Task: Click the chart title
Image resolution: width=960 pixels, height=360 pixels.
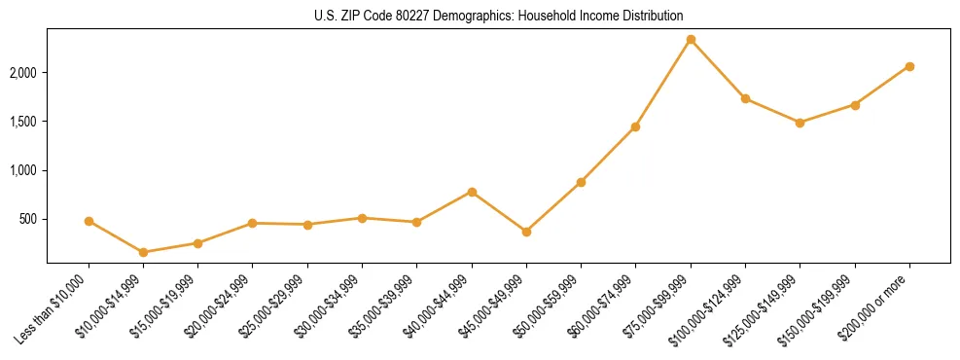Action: pyautogui.click(x=498, y=16)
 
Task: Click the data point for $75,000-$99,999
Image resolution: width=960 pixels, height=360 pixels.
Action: pyautogui.click(x=691, y=40)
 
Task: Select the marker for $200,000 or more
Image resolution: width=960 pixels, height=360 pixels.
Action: pyautogui.click(x=909, y=66)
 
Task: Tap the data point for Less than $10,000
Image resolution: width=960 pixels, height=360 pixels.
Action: pyautogui.click(x=89, y=221)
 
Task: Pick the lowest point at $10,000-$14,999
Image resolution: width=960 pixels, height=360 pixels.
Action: pyautogui.click(x=144, y=252)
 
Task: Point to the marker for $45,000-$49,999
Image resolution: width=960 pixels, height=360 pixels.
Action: pyautogui.click(x=526, y=232)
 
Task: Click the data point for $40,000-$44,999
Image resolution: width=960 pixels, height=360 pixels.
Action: pyautogui.click(x=472, y=192)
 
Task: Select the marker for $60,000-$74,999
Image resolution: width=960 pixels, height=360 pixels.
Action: pyautogui.click(x=635, y=126)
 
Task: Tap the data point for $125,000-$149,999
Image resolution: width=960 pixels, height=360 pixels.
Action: pyautogui.click(x=800, y=123)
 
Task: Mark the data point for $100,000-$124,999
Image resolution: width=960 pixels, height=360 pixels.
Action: pyautogui.click(x=745, y=98)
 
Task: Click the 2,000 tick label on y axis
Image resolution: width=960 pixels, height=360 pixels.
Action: pyautogui.click(x=23, y=73)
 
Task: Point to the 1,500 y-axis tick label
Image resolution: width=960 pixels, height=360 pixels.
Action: pyautogui.click(x=23, y=122)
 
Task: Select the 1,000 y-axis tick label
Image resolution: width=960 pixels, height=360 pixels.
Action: pyautogui.click(x=23, y=170)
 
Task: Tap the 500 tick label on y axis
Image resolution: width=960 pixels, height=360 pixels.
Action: pyautogui.click(x=28, y=219)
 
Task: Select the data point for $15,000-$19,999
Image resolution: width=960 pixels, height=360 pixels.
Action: pyautogui.click(x=197, y=243)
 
